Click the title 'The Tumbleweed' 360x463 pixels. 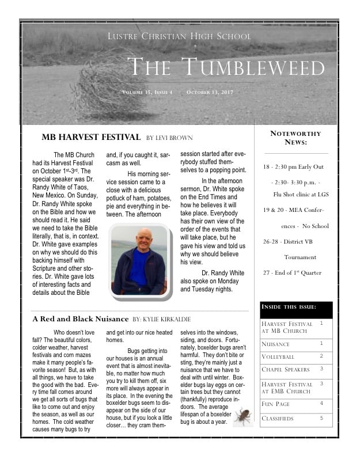(x=225, y=67)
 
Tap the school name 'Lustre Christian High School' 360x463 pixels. (x=179, y=36)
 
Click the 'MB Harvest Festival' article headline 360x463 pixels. (x=91, y=137)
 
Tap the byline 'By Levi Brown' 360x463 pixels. (x=169, y=138)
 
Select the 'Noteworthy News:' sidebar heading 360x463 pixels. (x=295, y=138)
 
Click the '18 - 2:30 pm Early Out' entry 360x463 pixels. (x=293, y=167)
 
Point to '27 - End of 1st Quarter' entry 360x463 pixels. (x=292, y=272)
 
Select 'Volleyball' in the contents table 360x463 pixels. (x=278, y=357)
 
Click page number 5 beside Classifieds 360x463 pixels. (x=321, y=418)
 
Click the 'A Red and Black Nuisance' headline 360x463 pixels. (x=80, y=318)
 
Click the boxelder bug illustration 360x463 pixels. (x=242, y=416)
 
